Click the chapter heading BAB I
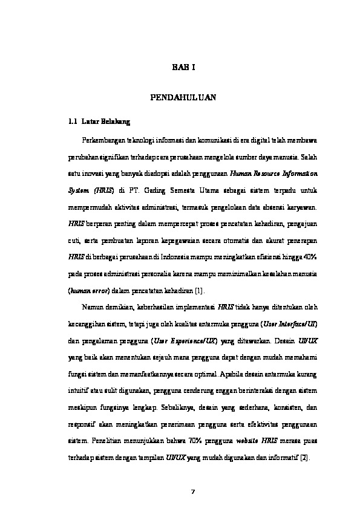click(x=180, y=68)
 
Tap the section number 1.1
click(x=73, y=122)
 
